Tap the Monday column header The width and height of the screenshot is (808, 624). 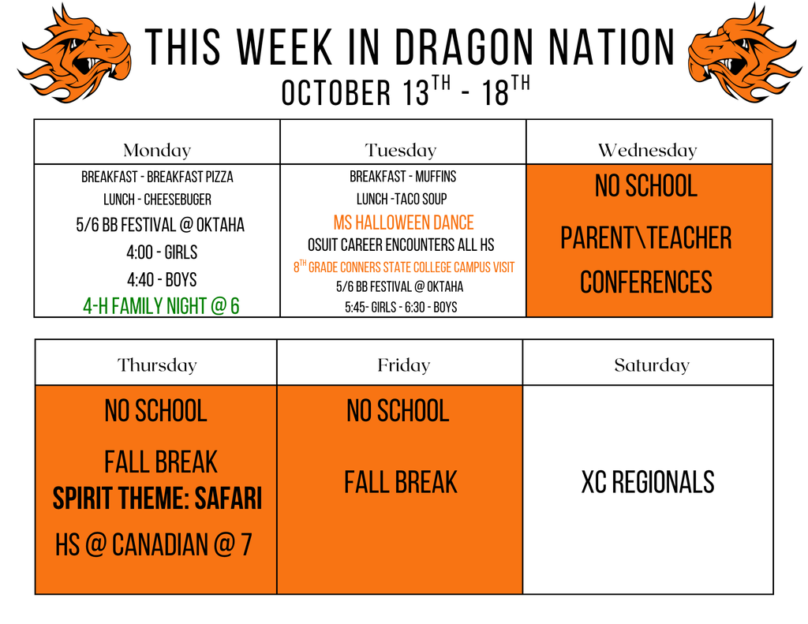pos(157,150)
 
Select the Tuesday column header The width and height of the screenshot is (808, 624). pos(401,150)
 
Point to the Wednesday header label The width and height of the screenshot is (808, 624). pos(647,150)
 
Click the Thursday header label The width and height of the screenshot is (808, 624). pos(157,365)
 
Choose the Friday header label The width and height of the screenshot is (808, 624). pos(403,365)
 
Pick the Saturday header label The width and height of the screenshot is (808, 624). pos(651,365)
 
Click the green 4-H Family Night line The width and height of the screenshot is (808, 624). pos(161,306)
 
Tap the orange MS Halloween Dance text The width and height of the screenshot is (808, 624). pos(403,223)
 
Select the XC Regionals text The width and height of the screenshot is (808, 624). pos(648,482)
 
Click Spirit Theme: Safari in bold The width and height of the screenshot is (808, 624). pos(157,499)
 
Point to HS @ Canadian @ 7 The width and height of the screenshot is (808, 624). pos(153,544)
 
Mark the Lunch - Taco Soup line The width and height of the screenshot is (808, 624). pos(401,200)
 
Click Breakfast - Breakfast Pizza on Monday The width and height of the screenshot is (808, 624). pos(157,177)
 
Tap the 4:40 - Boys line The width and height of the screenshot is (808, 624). pos(161,280)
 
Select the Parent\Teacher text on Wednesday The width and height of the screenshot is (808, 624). pos(645,238)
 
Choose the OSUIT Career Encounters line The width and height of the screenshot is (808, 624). pos(401,245)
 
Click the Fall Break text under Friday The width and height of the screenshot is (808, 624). pos(400,482)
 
